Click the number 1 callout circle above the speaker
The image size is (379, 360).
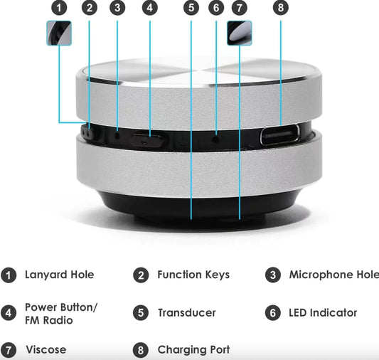[60, 9]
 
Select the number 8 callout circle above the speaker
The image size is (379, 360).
[281, 9]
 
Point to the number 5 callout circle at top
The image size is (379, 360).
[191, 9]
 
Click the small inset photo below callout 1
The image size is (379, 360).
[60, 33]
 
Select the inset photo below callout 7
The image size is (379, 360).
[240, 33]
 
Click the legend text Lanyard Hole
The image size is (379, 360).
[59, 275]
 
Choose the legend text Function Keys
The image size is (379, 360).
[193, 275]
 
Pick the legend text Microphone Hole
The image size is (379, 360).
[333, 275]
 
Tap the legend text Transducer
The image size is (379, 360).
[186, 313]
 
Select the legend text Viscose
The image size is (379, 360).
[46, 350]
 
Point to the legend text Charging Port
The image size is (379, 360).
[193, 350]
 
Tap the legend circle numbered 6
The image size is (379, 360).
[273, 313]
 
